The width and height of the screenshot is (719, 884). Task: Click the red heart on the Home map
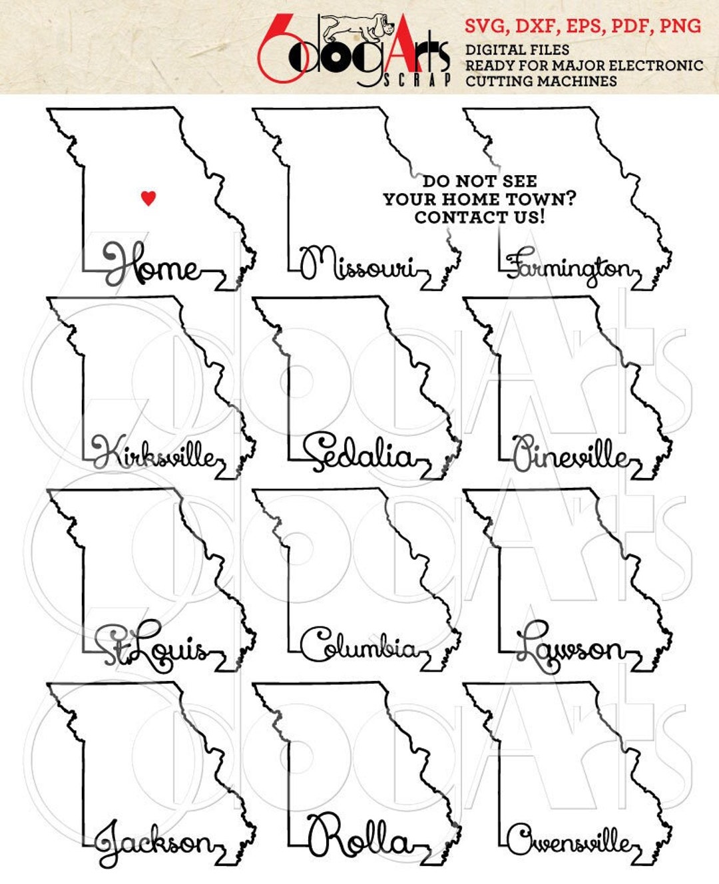[x=148, y=197]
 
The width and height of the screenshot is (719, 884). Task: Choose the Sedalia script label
[x=359, y=453]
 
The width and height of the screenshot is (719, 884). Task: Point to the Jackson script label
[x=154, y=841]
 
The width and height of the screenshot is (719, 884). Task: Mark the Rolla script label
[x=359, y=837]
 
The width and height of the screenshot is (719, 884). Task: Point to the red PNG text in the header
[x=680, y=27]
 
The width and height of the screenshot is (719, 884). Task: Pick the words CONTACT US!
[x=479, y=217]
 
